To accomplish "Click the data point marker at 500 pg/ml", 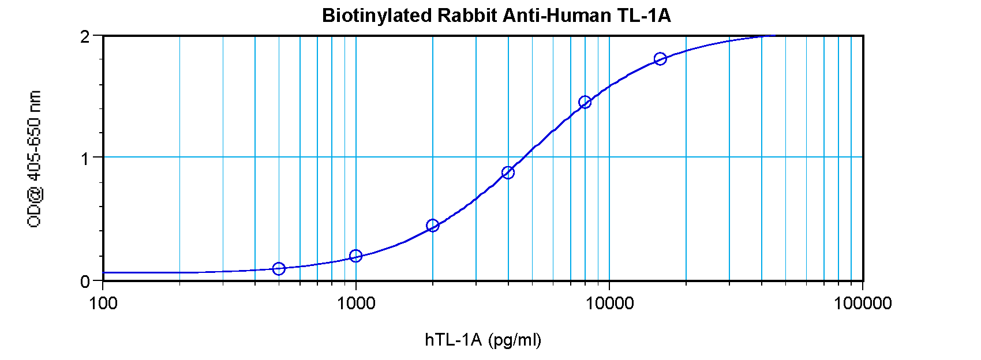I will (x=279, y=268).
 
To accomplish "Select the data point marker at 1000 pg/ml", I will (x=355, y=256).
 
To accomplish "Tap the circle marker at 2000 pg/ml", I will (x=432, y=226).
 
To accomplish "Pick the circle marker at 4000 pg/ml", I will (x=508, y=172).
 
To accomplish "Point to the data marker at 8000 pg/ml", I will (x=585, y=102).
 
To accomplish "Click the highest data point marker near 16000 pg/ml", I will (x=660, y=59).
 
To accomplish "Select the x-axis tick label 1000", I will (x=356, y=303).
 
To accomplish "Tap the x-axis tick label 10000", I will (x=609, y=303).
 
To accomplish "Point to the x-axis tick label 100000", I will (x=862, y=303).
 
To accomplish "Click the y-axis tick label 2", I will (x=85, y=37).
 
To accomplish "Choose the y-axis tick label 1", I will (x=85, y=158).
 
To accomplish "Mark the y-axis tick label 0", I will (x=85, y=282).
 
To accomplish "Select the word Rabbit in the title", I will (x=467, y=16).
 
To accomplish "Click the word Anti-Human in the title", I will (x=554, y=16).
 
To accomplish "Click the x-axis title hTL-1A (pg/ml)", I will (x=483, y=340).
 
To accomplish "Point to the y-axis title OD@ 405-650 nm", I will (x=35, y=159).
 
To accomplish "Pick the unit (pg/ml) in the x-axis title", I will (x=515, y=340).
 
